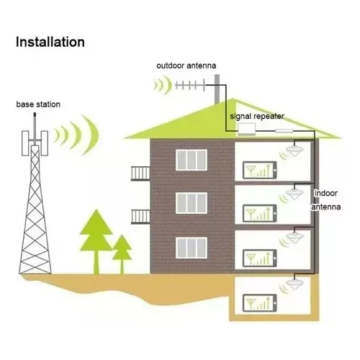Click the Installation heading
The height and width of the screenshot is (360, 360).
pyautogui.click(x=50, y=42)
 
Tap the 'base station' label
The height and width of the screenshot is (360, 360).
pyautogui.click(x=38, y=104)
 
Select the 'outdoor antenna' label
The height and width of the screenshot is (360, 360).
pyautogui.click(x=186, y=66)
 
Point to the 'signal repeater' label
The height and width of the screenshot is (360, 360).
pyautogui.click(x=257, y=117)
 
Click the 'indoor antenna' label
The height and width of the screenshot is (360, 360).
pyautogui.click(x=325, y=200)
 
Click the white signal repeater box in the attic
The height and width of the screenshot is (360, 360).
pyautogui.click(x=246, y=129)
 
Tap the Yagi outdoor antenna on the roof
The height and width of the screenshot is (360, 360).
pyautogui.click(x=190, y=85)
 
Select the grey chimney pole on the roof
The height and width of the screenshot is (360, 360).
pyautogui.click(x=217, y=89)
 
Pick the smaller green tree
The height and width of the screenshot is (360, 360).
pyautogui.click(x=122, y=254)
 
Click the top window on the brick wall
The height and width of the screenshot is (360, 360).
pyautogui.click(x=192, y=160)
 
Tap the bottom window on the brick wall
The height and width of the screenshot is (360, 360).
pyautogui.click(x=192, y=248)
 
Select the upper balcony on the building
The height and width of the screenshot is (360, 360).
pyautogui.click(x=140, y=173)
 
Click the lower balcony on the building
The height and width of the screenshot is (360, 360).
pyautogui.click(x=140, y=217)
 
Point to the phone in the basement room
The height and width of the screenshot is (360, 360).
pyautogui.click(x=260, y=303)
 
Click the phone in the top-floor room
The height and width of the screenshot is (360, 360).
pyautogui.click(x=260, y=170)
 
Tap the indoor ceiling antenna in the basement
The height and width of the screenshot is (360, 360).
pyautogui.click(x=295, y=284)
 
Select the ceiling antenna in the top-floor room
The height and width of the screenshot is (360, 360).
pyautogui.click(x=295, y=150)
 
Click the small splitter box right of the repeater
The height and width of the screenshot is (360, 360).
pyautogui.click(x=284, y=131)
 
